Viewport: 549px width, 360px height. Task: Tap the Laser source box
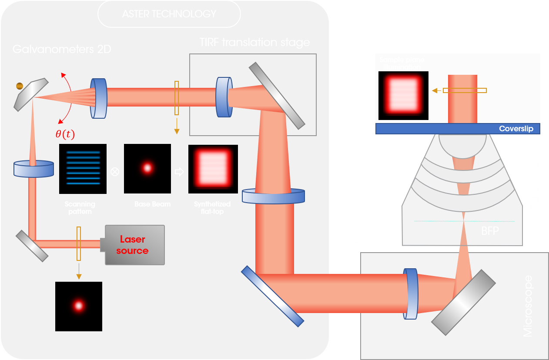point(132,245)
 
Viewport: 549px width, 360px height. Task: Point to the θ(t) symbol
point(65,134)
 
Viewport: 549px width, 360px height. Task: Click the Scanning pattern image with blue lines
point(83,169)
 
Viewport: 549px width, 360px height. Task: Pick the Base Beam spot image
point(147,169)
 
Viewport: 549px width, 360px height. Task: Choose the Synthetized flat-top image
point(213,169)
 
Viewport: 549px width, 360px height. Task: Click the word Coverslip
point(516,129)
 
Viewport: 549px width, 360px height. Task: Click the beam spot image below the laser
point(79,306)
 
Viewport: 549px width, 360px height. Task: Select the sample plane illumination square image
point(403,96)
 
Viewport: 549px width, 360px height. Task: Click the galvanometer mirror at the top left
point(31,94)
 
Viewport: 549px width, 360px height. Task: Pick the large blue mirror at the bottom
point(272,296)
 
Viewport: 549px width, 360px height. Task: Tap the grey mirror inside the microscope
point(464,302)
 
